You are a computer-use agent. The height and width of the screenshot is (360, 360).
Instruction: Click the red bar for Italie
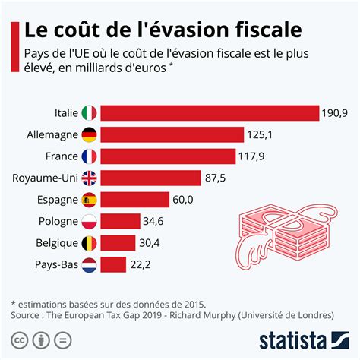(209, 114)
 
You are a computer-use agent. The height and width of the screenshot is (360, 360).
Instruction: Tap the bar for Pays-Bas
(113, 264)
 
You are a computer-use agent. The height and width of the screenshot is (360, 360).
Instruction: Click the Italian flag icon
(90, 114)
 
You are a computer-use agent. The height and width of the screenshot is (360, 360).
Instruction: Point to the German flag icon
(90, 135)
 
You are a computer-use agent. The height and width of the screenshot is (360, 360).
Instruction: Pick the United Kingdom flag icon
(90, 178)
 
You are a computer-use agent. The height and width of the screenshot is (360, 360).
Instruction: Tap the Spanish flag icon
(90, 200)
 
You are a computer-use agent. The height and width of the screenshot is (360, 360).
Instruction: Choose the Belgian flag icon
(90, 243)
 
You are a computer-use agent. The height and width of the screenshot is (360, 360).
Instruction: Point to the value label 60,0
(185, 200)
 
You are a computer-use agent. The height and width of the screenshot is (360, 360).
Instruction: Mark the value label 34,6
(153, 222)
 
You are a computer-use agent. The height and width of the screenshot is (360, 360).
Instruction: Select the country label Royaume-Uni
(45, 178)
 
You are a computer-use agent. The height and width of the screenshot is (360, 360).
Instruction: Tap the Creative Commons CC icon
(20, 338)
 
